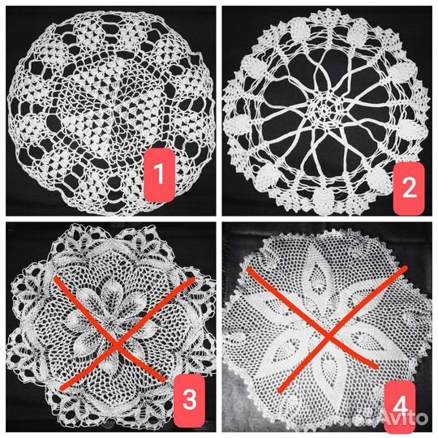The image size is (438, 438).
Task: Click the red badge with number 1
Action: pos(160,175)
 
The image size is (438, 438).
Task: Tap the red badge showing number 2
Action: pos(409,188)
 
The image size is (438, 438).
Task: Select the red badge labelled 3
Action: pos(189,401)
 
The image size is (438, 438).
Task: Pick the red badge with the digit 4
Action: pos(401,406)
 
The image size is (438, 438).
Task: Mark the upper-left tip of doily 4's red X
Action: pos(247,269)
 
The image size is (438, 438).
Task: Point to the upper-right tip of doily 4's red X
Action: pos(406,268)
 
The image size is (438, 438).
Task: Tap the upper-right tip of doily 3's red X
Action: pos(194,279)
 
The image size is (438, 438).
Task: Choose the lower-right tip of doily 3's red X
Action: pos(164,380)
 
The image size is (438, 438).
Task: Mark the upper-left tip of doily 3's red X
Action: pos(55,278)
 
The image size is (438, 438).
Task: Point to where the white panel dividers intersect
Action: pos(219,219)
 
